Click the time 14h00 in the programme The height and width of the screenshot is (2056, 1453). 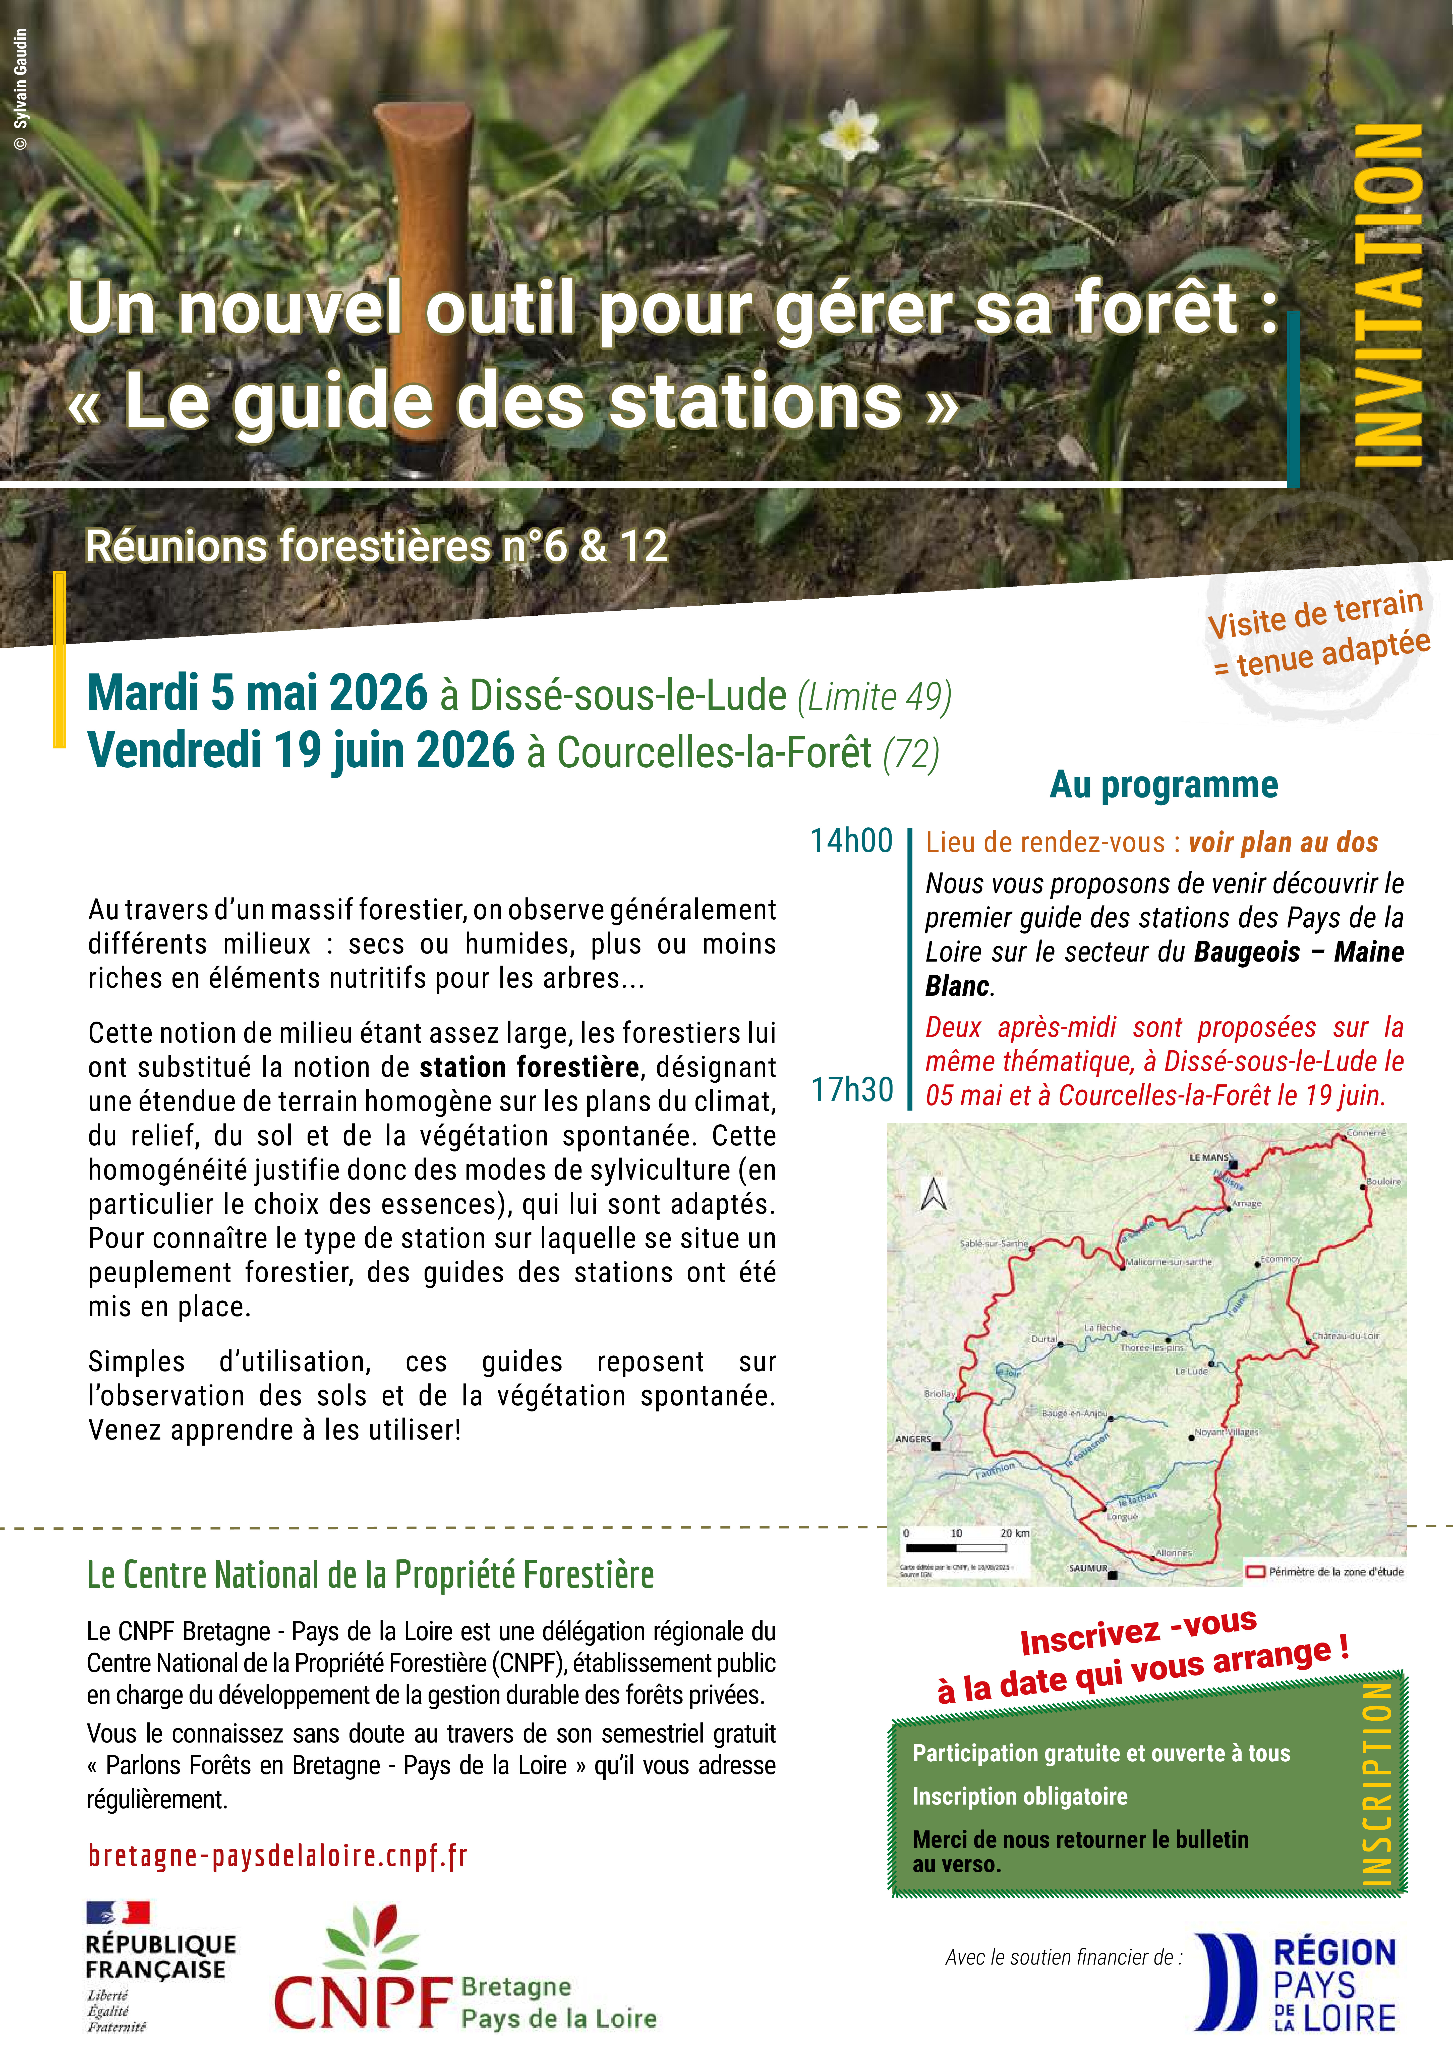(851, 841)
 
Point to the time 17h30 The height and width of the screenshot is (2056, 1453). (851, 1090)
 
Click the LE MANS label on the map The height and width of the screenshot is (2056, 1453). (1209, 1157)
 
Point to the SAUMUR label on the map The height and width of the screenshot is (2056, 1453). (1088, 1568)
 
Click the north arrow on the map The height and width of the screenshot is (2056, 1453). (934, 1194)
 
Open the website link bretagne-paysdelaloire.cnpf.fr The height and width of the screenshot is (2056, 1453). (277, 1856)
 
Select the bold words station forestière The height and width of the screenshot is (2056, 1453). (529, 1067)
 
